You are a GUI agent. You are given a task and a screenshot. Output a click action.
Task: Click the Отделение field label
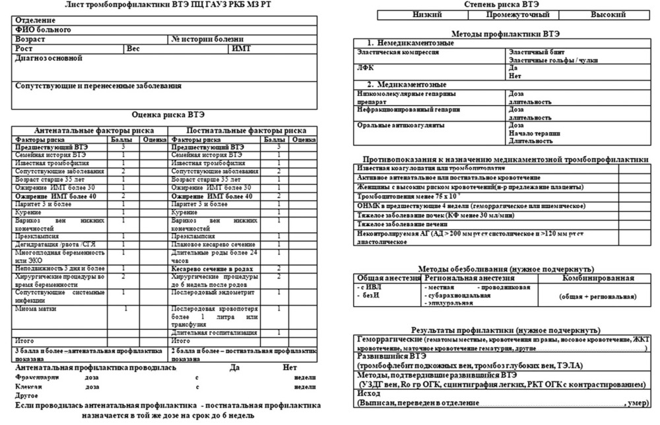tap(36, 20)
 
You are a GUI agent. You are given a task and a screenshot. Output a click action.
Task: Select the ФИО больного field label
tap(43, 30)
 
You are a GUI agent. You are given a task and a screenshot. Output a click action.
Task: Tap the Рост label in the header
tap(24, 48)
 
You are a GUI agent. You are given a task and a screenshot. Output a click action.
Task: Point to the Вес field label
tap(133, 48)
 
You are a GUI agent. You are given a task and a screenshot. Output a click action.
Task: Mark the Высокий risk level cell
tap(608, 14)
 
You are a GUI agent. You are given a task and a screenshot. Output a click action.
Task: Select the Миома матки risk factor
tap(32, 308)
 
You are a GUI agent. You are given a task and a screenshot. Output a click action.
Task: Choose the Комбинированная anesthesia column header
tap(599, 278)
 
